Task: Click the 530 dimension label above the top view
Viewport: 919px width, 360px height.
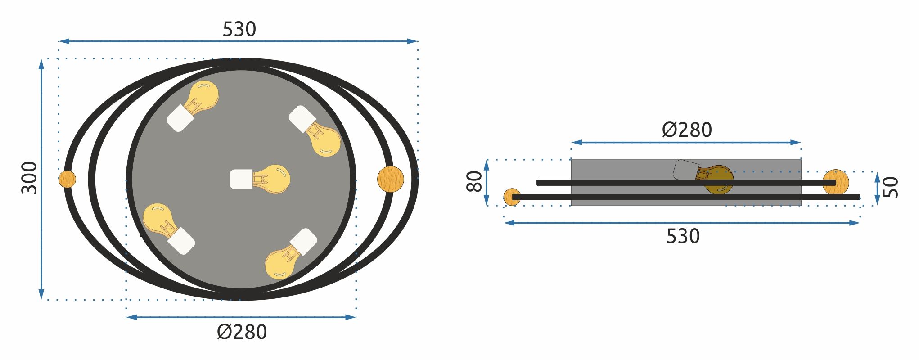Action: point(239,29)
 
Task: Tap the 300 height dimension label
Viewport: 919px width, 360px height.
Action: point(30,178)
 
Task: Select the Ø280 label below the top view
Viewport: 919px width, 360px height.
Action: point(242,332)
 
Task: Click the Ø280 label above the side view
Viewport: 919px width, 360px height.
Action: point(687,130)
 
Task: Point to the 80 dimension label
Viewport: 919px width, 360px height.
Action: point(474,181)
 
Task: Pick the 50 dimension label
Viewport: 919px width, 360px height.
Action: point(890,187)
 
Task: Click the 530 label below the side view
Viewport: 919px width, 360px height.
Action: point(683,236)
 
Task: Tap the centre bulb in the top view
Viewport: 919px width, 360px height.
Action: point(260,179)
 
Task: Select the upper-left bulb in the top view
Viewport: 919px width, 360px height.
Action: point(193,106)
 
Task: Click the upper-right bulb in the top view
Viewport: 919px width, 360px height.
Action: point(315,131)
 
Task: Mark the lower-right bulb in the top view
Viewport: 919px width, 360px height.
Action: point(291,254)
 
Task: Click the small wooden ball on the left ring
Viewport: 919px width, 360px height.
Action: point(68,179)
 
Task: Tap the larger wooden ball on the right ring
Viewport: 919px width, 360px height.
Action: point(391,179)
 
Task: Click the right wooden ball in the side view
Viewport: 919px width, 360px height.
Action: point(836,182)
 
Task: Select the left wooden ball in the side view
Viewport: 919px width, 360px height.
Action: point(512,197)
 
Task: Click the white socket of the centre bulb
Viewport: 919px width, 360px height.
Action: point(241,179)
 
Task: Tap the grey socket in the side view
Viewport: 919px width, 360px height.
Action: point(686,170)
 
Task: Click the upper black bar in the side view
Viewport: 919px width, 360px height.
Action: point(686,183)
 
